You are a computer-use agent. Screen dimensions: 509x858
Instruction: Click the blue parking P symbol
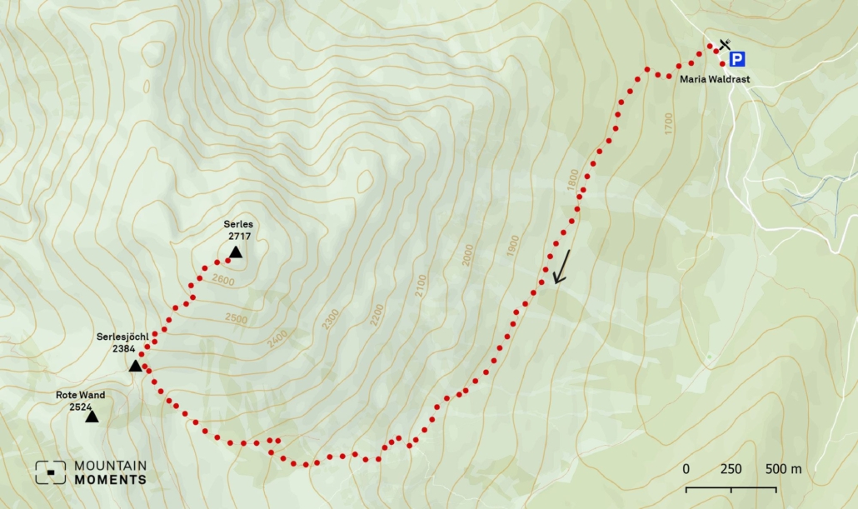click(x=737, y=59)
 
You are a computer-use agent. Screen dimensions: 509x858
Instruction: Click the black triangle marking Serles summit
click(x=236, y=252)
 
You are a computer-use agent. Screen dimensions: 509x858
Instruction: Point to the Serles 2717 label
click(x=237, y=231)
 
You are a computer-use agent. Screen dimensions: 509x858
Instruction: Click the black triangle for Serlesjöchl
click(x=135, y=366)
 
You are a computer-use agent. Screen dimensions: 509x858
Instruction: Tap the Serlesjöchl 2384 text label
click(x=122, y=343)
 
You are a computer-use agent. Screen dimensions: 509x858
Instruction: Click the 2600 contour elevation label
click(x=222, y=281)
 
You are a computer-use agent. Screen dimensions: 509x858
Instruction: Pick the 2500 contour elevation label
click(x=236, y=319)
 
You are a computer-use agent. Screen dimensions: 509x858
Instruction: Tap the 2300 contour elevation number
click(x=331, y=319)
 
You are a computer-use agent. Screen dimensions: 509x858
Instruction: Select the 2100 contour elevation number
click(x=421, y=286)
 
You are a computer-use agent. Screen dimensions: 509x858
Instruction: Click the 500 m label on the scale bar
click(x=783, y=469)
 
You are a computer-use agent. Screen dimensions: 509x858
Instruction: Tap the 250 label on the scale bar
click(x=731, y=469)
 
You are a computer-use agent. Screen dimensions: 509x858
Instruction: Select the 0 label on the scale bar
click(x=686, y=469)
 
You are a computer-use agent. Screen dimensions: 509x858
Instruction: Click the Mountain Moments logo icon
click(x=50, y=472)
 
